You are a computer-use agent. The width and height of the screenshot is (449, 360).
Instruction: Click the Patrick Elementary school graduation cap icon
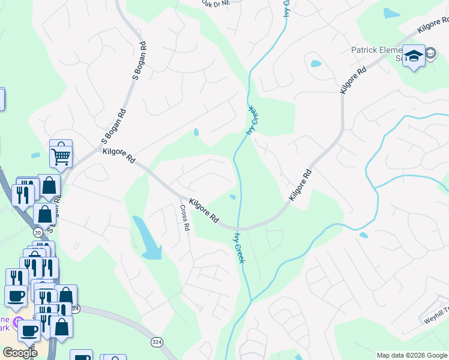(x=414, y=56)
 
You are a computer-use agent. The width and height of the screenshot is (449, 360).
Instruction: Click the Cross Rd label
(x=185, y=218)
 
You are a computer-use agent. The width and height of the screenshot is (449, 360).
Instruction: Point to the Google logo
(x=20, y=353)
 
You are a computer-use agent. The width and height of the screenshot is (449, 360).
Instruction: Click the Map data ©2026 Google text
(x=412, y=355)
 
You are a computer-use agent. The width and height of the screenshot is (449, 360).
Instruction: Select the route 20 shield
(x=38, y=232)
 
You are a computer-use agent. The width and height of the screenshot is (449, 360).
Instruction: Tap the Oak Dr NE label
(x=216, y=4)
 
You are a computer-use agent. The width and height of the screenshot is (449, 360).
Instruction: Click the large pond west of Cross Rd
(x=146, y=238)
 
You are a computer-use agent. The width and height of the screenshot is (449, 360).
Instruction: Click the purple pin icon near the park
(x=19, y=320)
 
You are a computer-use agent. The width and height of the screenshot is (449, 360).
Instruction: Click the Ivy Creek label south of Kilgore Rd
(x=240, y=247)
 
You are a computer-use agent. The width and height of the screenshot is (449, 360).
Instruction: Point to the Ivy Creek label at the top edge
(x=287, y=9)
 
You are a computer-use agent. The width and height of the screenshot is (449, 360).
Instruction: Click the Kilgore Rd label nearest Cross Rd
(x=204, y=211)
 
